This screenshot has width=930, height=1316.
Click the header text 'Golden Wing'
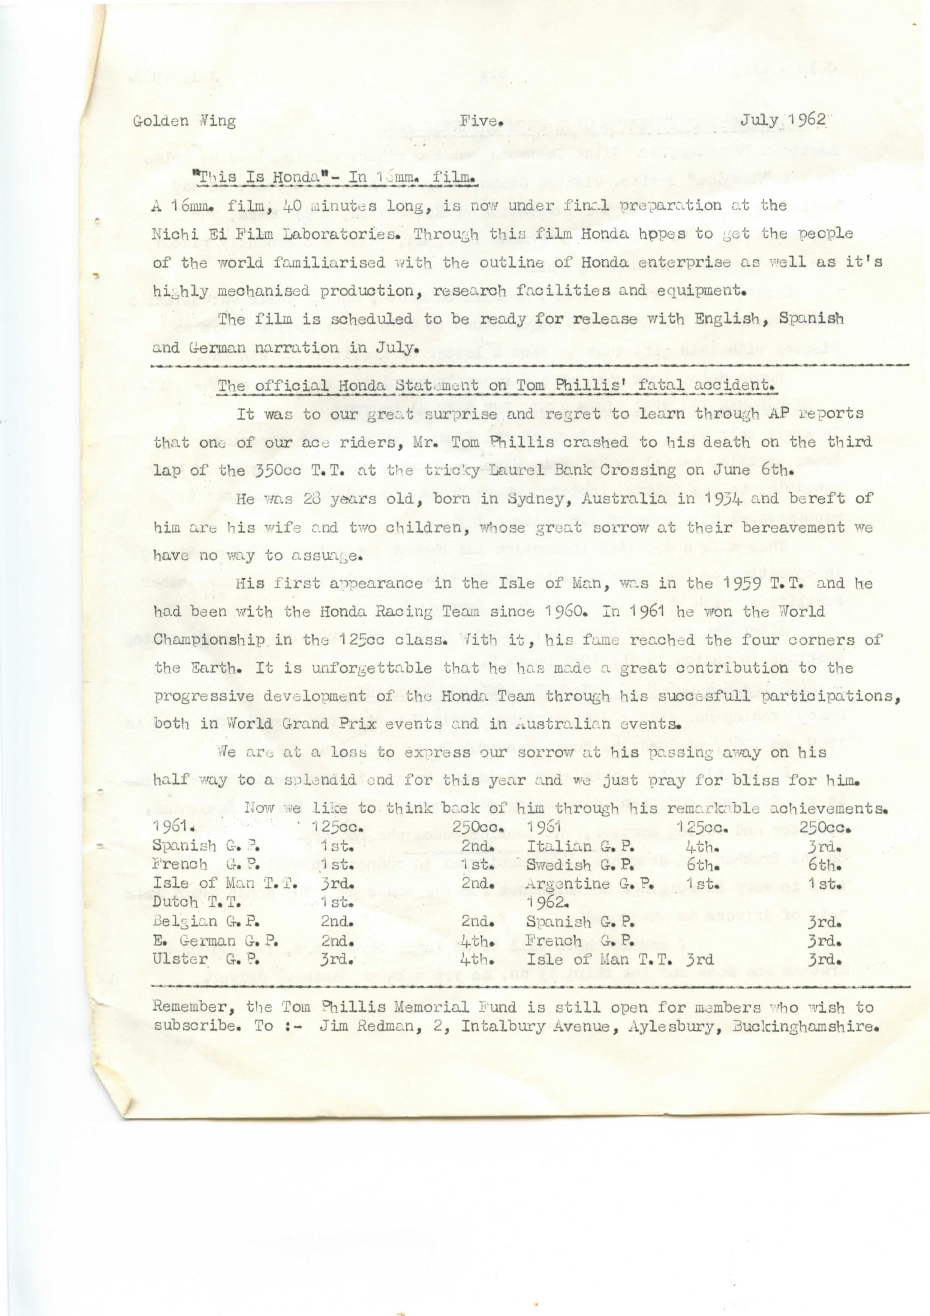tap(184, 122)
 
